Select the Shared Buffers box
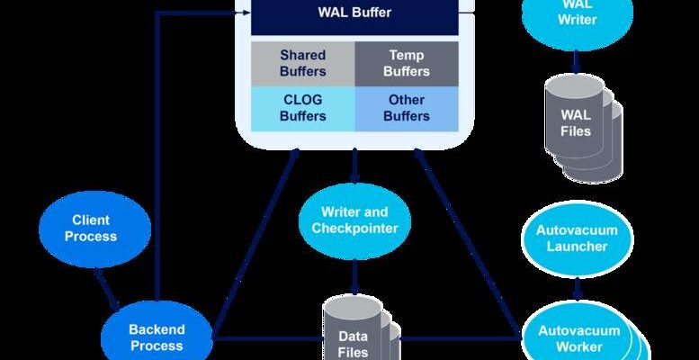302,63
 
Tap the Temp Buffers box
407,63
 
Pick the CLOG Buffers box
302,108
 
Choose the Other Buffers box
407,108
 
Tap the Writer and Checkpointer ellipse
354,220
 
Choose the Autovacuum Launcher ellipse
577,238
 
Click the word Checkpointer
354,229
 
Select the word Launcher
577,247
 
